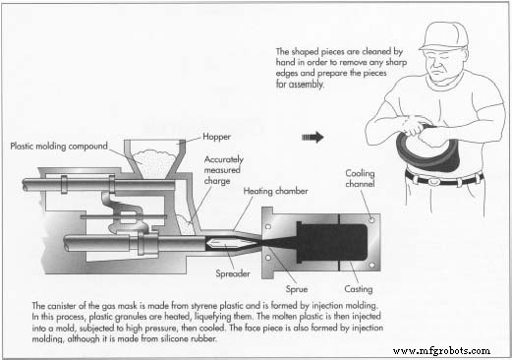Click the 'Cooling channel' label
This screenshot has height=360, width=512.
click(x=360, y=179)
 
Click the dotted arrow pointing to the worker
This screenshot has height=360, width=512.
click(x=313, y=137)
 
